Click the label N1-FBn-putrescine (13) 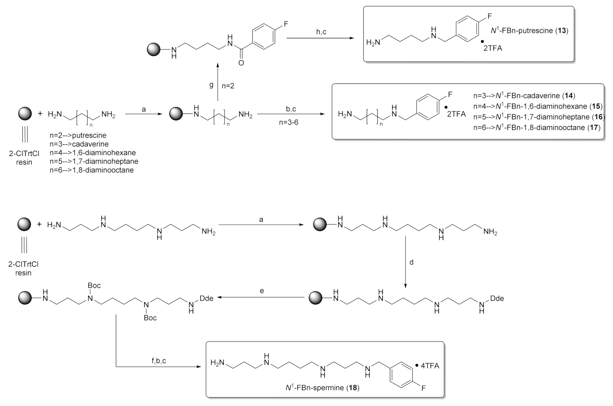(529, 31)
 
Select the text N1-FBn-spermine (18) (322, 388)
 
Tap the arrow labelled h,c (317, 38)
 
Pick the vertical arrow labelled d (405, 262)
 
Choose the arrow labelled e (261, 298)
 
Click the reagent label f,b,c (159, 361)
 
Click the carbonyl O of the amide (241, 63)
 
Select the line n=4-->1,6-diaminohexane (92, 153)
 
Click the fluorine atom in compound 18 (423, 388)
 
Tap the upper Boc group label (94, 285)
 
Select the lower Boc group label (150, 318)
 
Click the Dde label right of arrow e (497, 299)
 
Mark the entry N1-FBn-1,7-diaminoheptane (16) (537, 117)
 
